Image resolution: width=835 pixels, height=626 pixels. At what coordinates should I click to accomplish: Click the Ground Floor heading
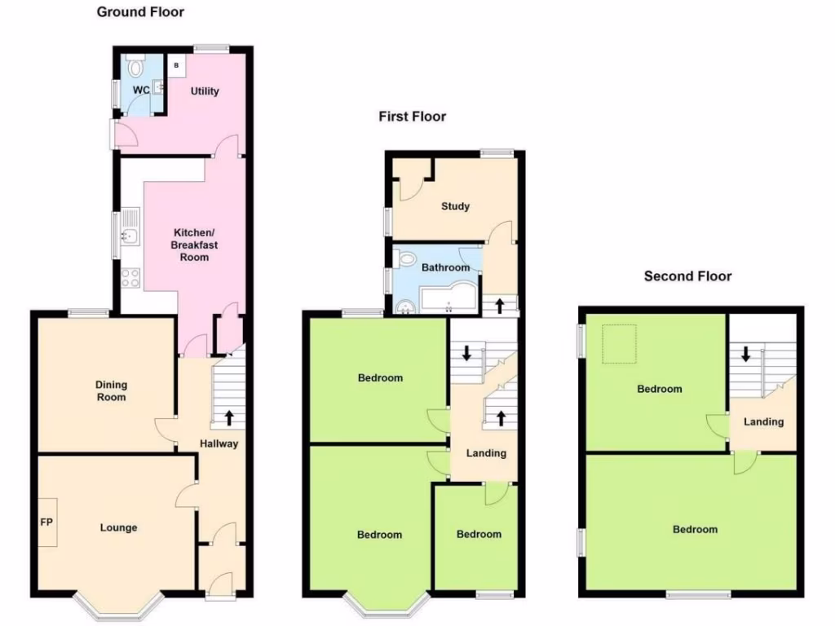[140, 12]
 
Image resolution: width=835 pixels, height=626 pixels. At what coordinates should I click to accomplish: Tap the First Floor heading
[412, 117]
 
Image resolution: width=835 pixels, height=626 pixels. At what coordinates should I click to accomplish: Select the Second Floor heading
[687, 276]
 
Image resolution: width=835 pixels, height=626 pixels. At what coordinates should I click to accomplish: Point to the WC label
[141, 90]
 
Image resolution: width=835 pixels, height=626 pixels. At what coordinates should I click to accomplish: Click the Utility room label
[205, 91]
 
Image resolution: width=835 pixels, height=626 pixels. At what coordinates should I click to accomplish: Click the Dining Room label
[112, 391]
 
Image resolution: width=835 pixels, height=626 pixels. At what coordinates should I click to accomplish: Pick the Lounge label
[119, 527]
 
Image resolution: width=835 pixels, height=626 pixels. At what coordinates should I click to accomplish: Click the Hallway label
[219, 443]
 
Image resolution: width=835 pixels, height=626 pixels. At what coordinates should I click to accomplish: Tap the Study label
[455, 206]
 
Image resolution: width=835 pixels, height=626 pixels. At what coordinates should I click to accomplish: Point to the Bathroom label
[445, 267]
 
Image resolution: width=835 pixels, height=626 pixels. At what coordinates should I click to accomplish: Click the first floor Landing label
[486, 453]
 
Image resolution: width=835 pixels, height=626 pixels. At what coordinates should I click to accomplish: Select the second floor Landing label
[764, 421]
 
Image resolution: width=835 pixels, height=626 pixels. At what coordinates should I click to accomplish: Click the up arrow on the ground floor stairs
[229, 417]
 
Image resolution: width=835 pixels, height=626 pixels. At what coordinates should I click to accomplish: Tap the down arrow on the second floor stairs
[745, 355]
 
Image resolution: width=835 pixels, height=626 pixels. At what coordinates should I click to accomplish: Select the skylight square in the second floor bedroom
[618, 344]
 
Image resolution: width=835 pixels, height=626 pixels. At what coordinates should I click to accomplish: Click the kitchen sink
[129, 236]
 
